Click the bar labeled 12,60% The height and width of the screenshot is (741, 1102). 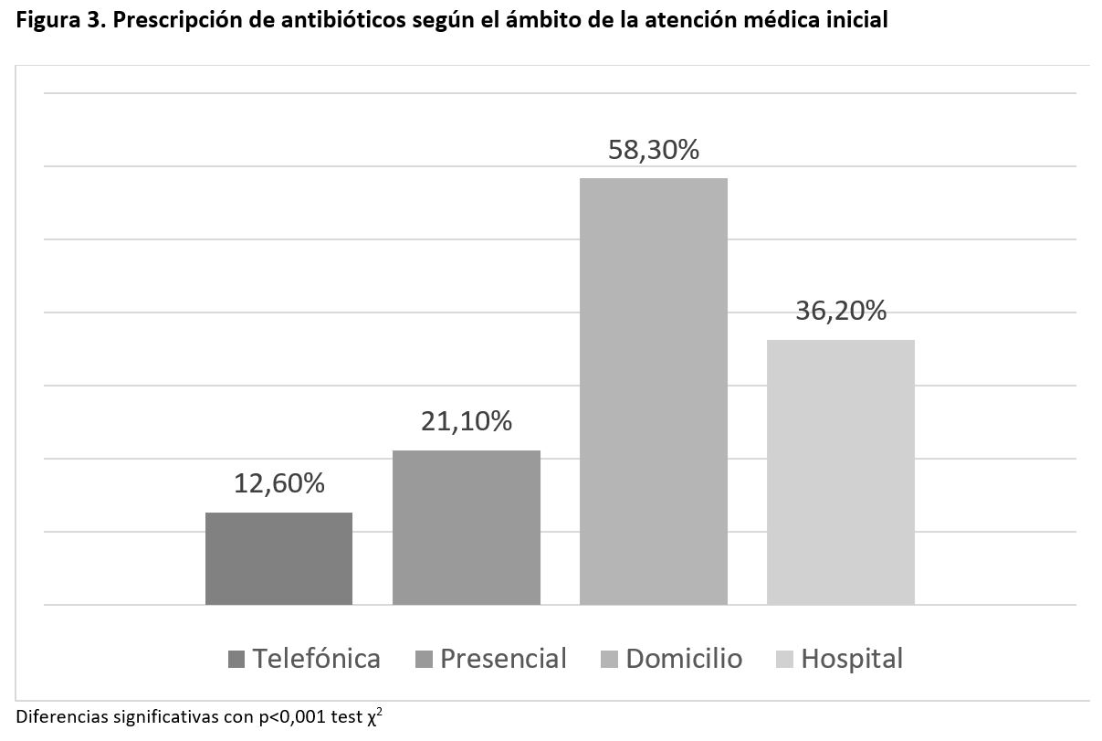pyautogui.click(x=278, y=558)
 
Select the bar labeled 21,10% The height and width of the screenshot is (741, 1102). pyautogui.click(x=466, y=527)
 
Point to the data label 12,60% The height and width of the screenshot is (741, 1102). pyautogui.click(x=278, y=483)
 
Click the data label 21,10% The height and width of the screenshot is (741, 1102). pyautogui.click(x=466, y=421)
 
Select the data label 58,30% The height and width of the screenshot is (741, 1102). pyautogui.click(x=654, y=150)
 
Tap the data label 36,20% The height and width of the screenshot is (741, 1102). pyautogui.click(x=841, y=311)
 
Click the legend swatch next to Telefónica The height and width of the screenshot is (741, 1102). pyautogui.click(x=237, y=660)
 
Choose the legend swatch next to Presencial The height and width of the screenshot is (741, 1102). pyautogui.click(x=424, y=660)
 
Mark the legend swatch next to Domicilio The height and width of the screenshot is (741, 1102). pyautogui.click(x=610, y=660)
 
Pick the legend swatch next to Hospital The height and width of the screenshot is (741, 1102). pyautogui.click(x=784, y=660)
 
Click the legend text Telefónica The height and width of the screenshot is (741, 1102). pyautogui.click(x=316, y=659)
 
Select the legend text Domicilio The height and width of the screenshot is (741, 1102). pyautogui.click(x=684, y=659)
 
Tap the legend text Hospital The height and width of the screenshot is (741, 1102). pyautogui.click(x=852, y=659)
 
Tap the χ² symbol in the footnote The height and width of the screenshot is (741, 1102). pyautogui.click(x=374, y=717)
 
